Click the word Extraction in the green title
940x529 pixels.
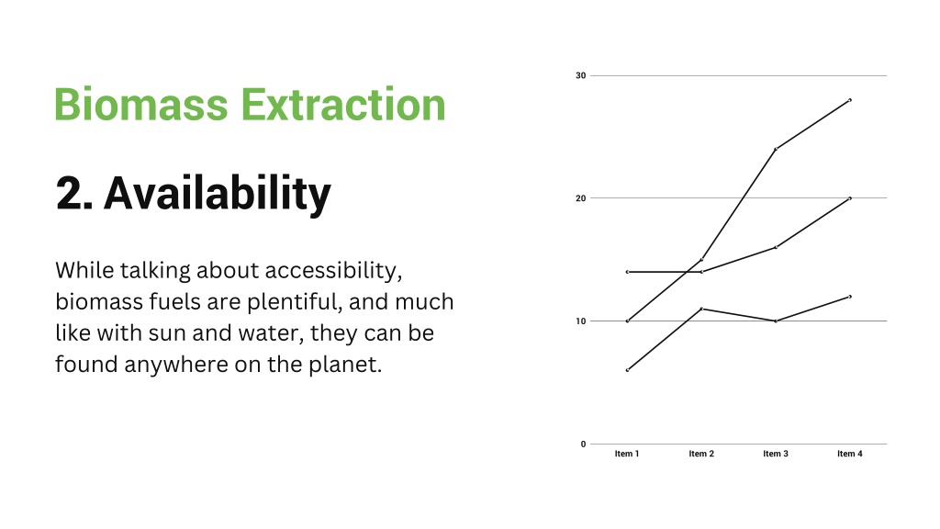[343, 105]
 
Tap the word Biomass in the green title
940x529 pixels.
[141, 105]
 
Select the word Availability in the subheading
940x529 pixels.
[217, 194]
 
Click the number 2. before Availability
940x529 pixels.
[74, 193]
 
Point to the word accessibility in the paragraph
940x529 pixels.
[333, 271]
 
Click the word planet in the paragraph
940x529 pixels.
[345, 365]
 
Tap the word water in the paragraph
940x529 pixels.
[271, 333]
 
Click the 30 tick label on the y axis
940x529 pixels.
[580, 75]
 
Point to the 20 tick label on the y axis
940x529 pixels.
[580, 198]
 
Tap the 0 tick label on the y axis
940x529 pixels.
[583, 445]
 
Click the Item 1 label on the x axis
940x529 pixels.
[627, 454]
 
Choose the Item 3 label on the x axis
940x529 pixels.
[776, 454]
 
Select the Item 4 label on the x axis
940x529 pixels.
[850, 454]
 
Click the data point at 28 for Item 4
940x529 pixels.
[850, 100]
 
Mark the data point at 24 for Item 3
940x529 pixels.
[776, 150]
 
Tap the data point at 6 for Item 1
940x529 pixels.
[627, 370]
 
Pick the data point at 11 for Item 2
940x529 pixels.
[701, 309]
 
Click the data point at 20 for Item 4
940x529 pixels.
[850, 198]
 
